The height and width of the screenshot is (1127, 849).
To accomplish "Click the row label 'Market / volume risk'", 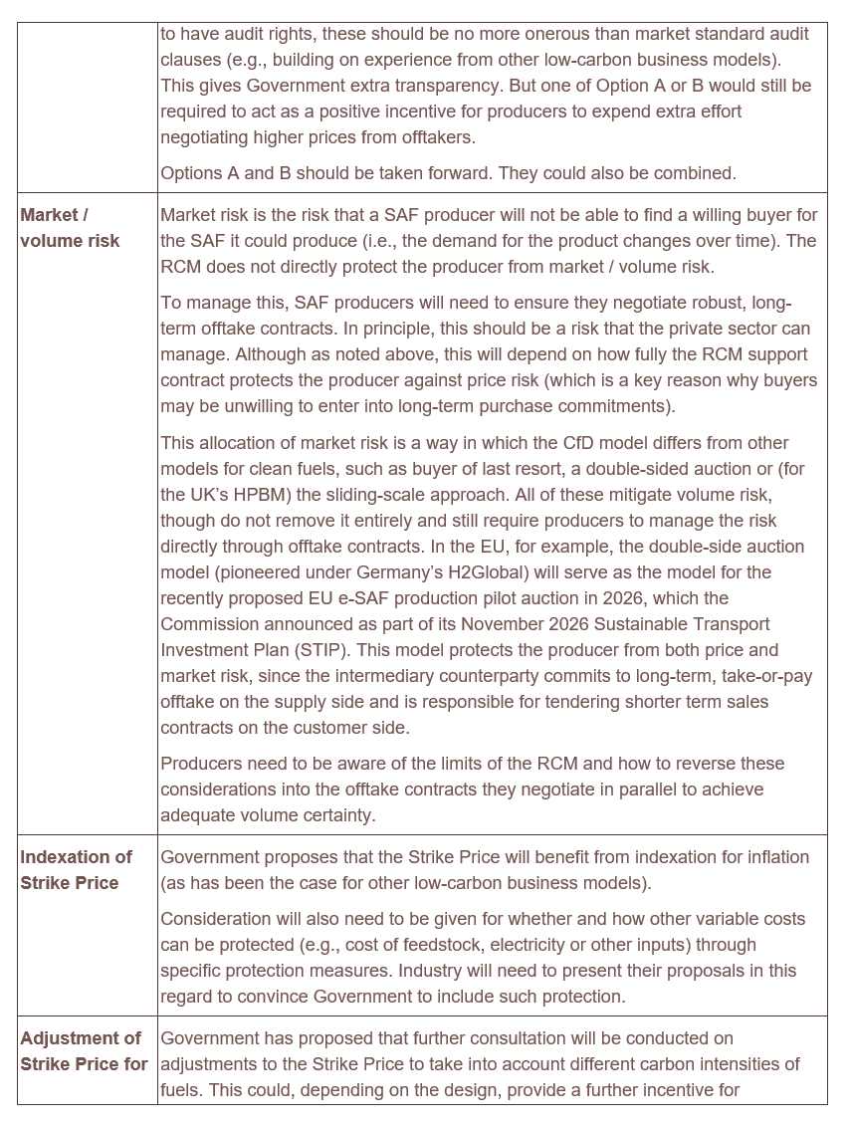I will click(70, 228).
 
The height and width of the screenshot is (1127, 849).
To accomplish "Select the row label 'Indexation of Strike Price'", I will click(76, 870).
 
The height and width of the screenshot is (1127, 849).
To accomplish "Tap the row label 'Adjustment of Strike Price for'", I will click(84, 1051).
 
